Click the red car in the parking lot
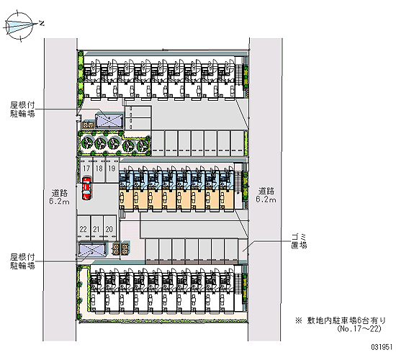tap(86, 189)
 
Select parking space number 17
tap(86, 170)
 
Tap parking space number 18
tap(99, 170)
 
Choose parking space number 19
tap(112, 170)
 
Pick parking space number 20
tap(109, 228)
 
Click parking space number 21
tap(96, 228)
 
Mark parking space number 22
tap(84, 228)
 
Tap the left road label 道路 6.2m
tap(60, 197)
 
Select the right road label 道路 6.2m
tap(266, 195)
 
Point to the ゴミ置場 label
tap(300, 241)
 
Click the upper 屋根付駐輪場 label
tap(22, 109)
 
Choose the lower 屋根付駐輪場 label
tap(22, 262)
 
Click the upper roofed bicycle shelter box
tap(109, 121)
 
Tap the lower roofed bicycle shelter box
tap(92, 250)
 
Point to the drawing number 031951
tap(382, 347)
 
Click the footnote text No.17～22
tap(359, 328)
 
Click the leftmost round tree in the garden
tap(86, 143)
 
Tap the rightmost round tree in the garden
tap(143, 145)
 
